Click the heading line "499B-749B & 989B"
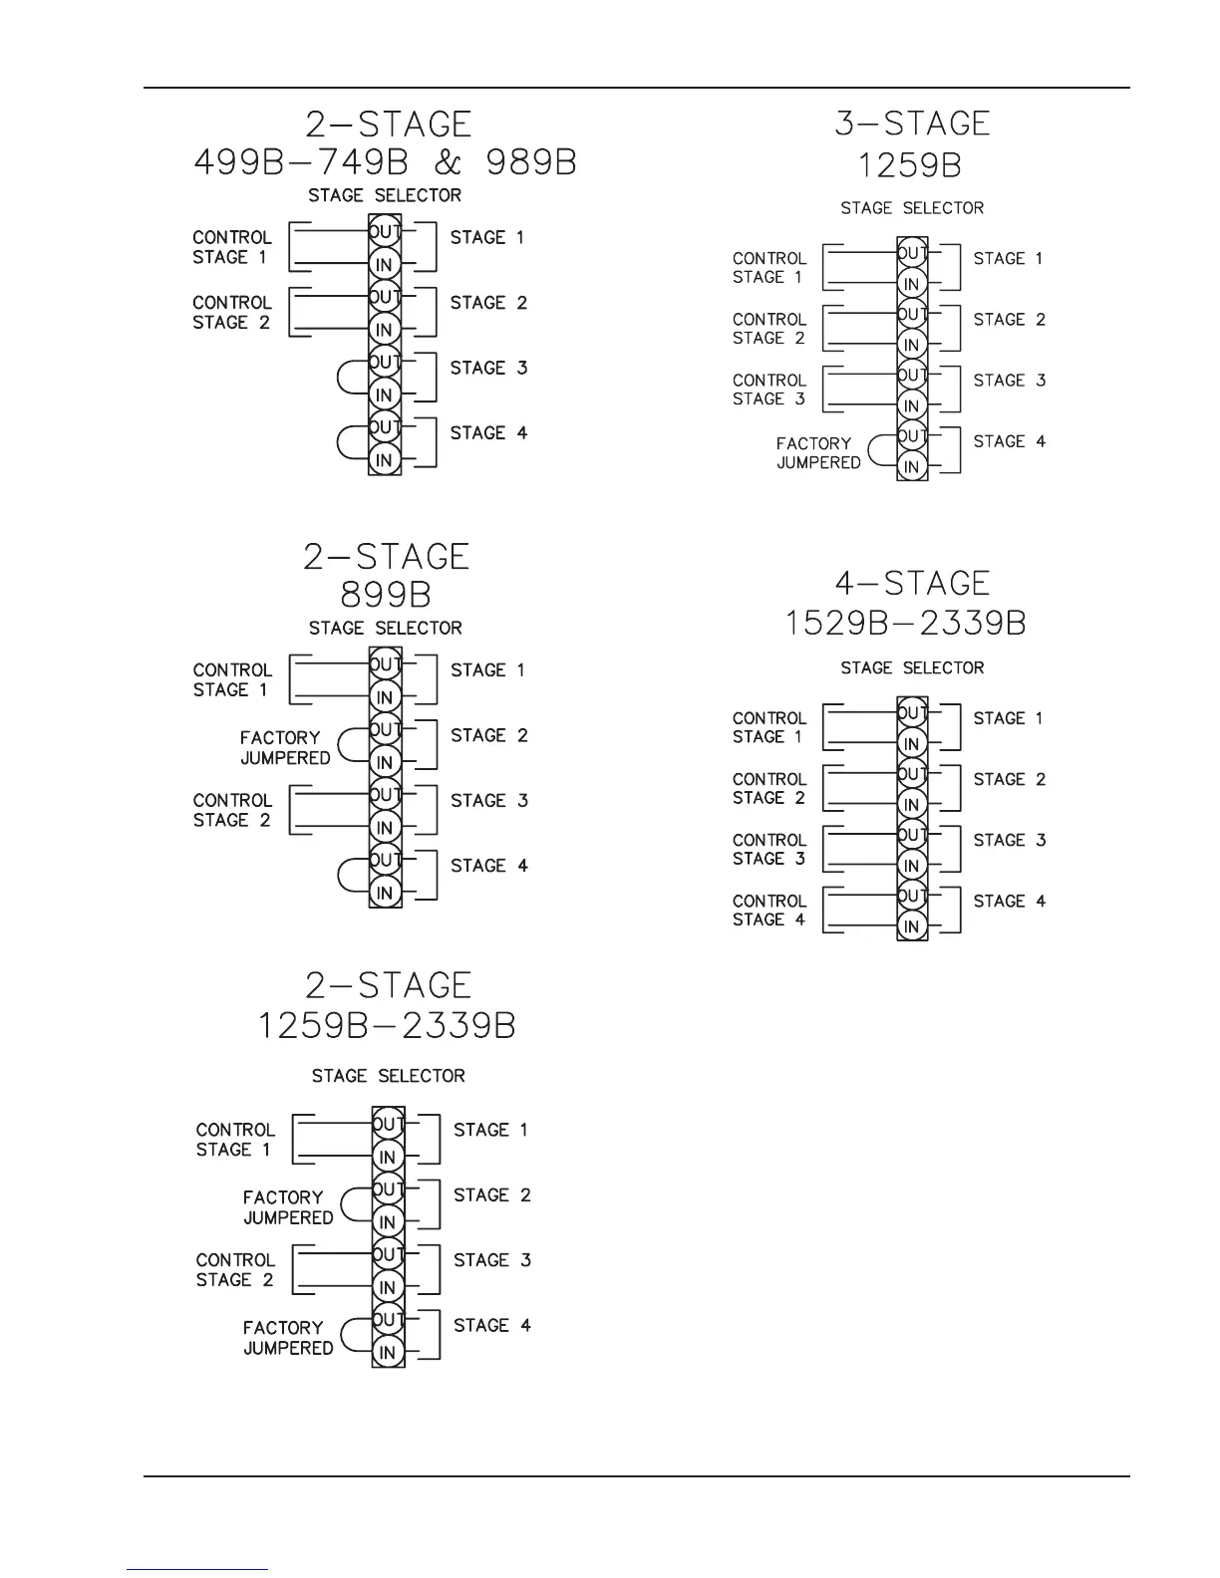[385, 162]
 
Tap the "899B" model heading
[386, 595]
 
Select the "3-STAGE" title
[912, 124]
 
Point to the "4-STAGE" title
[912, 583]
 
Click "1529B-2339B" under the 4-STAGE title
[905, 624]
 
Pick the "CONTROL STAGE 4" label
[768, 911]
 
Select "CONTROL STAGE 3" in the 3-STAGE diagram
[768, 390]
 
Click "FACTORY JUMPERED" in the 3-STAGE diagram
[817, 453]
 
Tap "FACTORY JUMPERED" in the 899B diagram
[284, 748]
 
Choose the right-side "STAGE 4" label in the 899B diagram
[488, 866]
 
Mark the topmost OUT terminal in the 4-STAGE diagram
[911, 713]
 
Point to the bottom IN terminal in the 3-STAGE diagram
[911, 466]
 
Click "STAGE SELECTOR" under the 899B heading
[386, 629]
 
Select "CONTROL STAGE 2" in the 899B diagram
[231, 811]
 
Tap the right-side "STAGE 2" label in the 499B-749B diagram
[488, 303]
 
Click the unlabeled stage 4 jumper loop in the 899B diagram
[351, 875]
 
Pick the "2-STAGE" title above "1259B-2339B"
[387, 985]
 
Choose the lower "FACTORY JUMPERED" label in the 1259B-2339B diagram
[287, 1338]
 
